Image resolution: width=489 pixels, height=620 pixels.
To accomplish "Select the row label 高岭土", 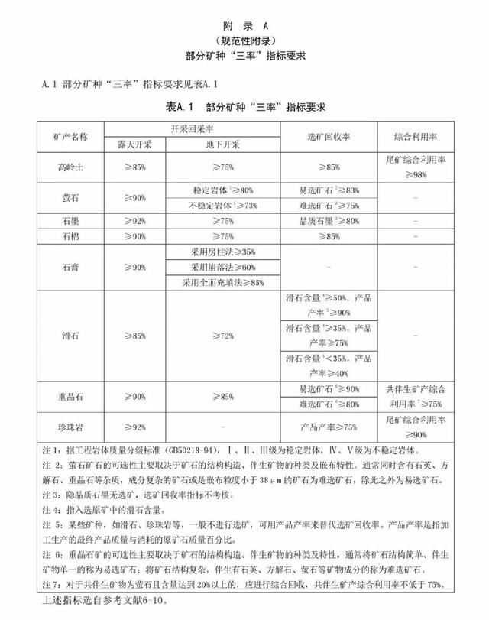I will click(x=71, y=166).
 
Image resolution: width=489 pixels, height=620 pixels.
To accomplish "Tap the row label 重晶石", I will click(x=71, y=397).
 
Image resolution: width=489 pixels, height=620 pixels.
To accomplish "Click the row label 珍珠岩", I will click(x=71, y=426).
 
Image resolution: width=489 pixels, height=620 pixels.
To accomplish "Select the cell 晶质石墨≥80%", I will click(x=329, y=222).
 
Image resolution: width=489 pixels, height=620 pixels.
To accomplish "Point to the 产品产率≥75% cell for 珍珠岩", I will click(x=329, y=426).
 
